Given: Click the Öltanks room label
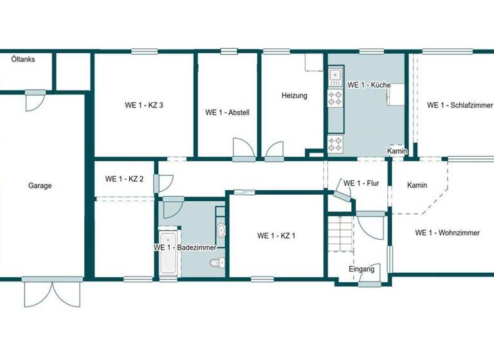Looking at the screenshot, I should click(x=23, y=59).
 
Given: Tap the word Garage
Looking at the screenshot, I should click(x=40, y=186).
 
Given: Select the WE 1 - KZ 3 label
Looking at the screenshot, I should click(x=143, y=106).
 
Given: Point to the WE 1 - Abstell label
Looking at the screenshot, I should click(x=227, y=113).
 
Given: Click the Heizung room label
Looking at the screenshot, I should click(x=295, y=96).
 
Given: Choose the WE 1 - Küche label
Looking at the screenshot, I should click(x=369, y=85).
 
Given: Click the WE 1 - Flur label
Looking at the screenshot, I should click(x=361, y=183).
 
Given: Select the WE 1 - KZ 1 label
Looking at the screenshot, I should click(x=276, y=236).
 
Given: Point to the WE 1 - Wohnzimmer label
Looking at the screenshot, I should click(x=447, y=233).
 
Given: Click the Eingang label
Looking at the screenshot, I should click(x=361, y=269).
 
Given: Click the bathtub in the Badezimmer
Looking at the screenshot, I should click(x=169, y=255).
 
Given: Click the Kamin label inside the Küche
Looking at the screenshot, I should click(x=397, y=151).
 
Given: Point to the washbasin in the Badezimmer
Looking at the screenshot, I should click(x=221, y=230).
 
